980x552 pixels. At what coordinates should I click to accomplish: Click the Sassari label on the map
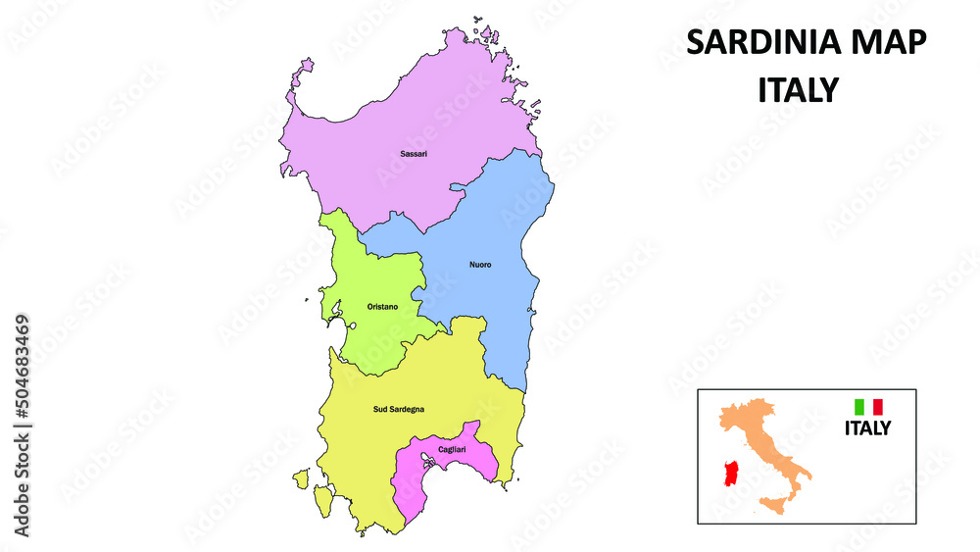(x=414, y=154)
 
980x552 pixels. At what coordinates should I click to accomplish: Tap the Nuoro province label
(x=480, y=265)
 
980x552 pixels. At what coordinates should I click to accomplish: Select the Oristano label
(x=382, y=307)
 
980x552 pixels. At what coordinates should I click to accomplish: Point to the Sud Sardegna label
(x=399, y=409)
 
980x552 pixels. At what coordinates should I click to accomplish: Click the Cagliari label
(x=452, y=449)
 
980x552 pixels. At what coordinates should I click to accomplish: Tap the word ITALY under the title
(x=799, y=90)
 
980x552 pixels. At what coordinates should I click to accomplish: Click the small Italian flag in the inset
(x=868, y=406)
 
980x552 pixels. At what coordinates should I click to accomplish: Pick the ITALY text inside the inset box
(x=868, y=427)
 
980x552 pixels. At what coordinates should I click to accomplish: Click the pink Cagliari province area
(x=416, y=480)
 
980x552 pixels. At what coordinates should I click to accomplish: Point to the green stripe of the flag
(x=859, y=406)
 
